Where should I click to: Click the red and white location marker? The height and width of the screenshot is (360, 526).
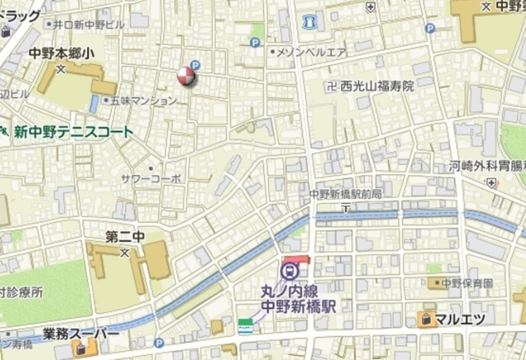tap(187, 78)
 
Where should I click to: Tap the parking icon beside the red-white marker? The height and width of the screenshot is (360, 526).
tap(195, 66)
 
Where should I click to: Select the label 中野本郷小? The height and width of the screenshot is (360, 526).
tap(62, 53)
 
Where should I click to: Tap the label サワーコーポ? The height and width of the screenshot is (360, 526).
tap(150, 178)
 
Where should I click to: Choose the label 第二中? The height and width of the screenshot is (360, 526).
tap(125, 237)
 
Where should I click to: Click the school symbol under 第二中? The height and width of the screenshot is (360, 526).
tap(125, 252)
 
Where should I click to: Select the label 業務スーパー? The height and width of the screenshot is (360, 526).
tap(81, 335)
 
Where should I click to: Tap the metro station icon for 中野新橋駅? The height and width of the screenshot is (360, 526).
tap(288, 269)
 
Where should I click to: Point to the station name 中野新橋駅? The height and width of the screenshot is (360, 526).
tap(300, 305)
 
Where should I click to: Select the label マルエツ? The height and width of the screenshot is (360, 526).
tap(459, 319)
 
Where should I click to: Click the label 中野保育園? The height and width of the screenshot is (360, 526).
tap(467, 284)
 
